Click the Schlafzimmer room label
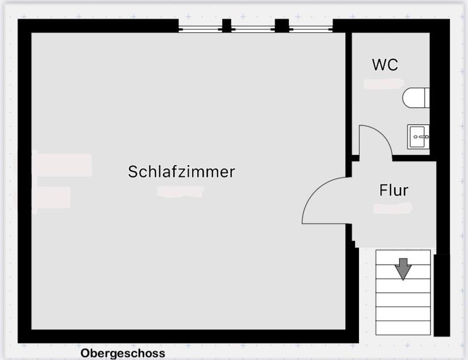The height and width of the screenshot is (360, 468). pyautogui.click(x=181, y=171)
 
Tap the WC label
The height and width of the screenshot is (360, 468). pyautogui.click(x=385, y=64)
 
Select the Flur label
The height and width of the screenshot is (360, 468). pyautogui.click(x=393, y=190)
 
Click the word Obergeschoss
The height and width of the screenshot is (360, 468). pyautogui.click(x=123, y=353)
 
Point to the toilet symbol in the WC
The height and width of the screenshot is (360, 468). pyautogui.click(x=416, y=98)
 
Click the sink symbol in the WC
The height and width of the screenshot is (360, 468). pyautogui.click(x=418, y=137)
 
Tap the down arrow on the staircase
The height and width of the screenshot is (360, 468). pyautogui.click(x=403, y=268)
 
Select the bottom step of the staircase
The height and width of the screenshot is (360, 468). pyautogui.click(x=403, y=328)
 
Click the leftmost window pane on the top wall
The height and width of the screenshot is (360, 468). pyautogui.click(x=200, y=27)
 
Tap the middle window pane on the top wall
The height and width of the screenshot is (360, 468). pyautogui.click(x=253, y=27)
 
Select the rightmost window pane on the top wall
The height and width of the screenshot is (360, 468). pyautogui.click(x=311, y=27)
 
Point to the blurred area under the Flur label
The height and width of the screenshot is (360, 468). pyautogui.click(x=393, y=208)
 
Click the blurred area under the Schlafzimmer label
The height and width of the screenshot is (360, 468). pyautogui.click(x=180, y=192)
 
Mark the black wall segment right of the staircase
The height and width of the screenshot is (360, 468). pyautogui.click(x=441, y=294)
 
